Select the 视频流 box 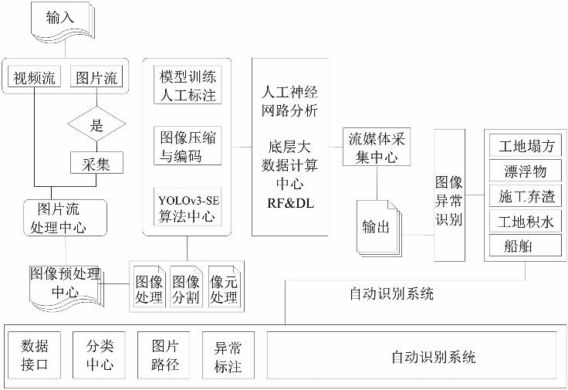coord(35,78)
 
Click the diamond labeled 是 coord(97,124)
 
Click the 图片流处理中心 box coord(66,218)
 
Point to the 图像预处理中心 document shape coord(65,283)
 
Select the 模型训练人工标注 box coord(187,86)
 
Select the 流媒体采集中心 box coord(377,147)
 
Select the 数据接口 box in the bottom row coord(35,354)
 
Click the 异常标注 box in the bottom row coord(228,354)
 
